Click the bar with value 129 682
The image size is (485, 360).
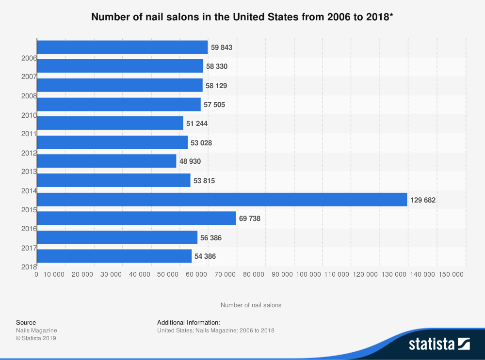coord(222,199)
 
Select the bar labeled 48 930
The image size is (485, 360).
coord(106,161)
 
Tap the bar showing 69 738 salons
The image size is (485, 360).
coord(136,219)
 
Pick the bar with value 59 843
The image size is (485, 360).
coord(122,47)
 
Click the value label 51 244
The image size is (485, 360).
coord(197,123)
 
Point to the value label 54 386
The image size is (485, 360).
coord(205,256)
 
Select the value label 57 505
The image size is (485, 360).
coord(214,104)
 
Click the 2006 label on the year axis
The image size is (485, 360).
coord(29,58)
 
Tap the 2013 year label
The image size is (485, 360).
coord(29,172)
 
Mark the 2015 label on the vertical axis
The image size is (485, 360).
coord(29,210)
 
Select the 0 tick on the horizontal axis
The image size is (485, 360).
coord(36,274)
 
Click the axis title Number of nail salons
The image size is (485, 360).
coord(251,305)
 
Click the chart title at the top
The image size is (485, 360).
coord(242,17)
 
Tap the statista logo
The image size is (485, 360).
coord(439,344)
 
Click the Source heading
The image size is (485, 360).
coord(26,322)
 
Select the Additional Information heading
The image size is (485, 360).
coord(189,322)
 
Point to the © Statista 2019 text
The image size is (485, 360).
coord(36,338)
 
